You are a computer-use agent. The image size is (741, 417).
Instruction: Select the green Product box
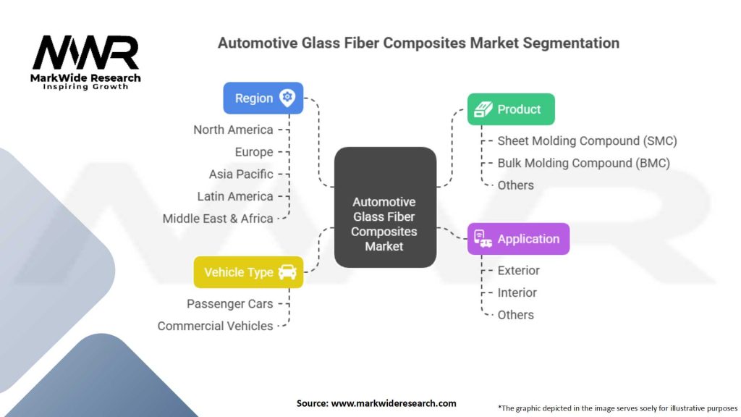(511, 109)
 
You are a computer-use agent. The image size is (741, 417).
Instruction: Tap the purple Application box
(518, 239)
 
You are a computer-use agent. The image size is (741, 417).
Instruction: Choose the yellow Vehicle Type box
(248, 272)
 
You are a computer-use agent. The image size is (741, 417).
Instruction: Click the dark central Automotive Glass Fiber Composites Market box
(384, 207)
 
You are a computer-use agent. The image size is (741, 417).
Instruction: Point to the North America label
(233, 130)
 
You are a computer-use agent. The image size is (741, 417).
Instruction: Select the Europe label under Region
(254, 152)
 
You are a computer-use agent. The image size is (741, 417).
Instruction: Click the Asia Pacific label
(241, 174)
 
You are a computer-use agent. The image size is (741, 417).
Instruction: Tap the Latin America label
(235, 196)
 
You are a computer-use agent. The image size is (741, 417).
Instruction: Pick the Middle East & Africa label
(218, 218)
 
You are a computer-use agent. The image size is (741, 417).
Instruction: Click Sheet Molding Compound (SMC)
(587, 140)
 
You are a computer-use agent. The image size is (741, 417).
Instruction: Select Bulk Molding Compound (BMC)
(583, 163)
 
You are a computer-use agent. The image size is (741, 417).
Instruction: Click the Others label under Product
(515, 185)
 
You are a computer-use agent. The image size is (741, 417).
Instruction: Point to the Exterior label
(518, 271)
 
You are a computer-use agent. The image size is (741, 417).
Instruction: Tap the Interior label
(517, 292)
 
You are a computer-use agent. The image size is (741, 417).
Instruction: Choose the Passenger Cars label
(229, 304)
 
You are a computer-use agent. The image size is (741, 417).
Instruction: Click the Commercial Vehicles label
(215, 326)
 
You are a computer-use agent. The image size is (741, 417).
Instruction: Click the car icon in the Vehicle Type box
(287, 272)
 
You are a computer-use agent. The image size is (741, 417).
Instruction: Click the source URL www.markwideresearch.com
(393, 403)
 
